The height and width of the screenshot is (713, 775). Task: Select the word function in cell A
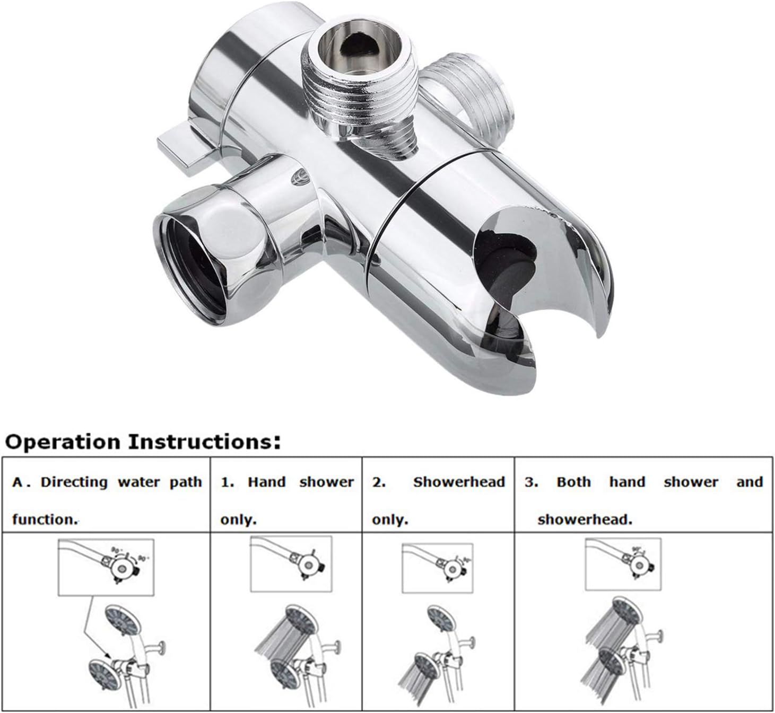click(x=45, y=520)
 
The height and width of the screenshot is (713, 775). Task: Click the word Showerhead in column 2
click(x=459, y=482)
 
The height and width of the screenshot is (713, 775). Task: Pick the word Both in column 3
click(x=573, y=482)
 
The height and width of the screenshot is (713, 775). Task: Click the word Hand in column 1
click(x=266, y=482)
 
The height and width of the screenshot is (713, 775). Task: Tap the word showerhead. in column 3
click(x=585, y=520)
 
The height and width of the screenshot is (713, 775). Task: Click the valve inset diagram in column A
click(x=106, y=566)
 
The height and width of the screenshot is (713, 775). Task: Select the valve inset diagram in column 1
click(x=291, y=563)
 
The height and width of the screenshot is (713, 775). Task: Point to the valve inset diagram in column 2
click(x=437, y=566)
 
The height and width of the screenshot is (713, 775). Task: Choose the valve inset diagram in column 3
click(x=623, y=564)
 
